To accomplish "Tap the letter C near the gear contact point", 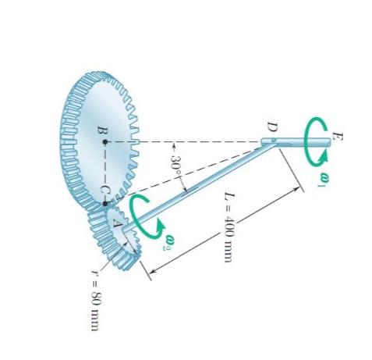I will click(x=99, y=190).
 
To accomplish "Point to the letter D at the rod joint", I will click(x=270, y=126).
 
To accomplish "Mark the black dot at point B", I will click(x=106, y=142).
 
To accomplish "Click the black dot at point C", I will click(x=106, y=204).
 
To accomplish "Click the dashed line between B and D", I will click(x=187, y=142).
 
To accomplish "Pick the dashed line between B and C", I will click(x=106, y=173).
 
